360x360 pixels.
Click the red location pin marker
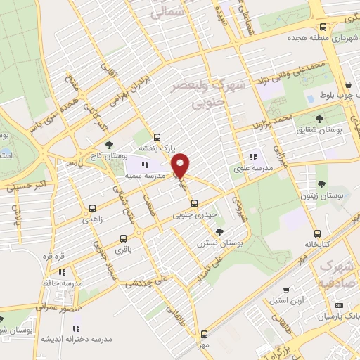181,165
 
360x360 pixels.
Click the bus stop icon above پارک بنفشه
157,137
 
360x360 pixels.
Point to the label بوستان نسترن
220,243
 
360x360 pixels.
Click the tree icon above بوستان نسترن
220,232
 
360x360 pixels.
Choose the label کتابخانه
318,245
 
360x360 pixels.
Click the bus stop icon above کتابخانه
318,234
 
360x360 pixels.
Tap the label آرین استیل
285,301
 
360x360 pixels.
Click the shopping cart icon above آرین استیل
285,290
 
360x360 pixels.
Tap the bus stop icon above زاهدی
92,208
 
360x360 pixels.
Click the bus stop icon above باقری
124,238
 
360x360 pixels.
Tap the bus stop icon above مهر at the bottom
205,334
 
